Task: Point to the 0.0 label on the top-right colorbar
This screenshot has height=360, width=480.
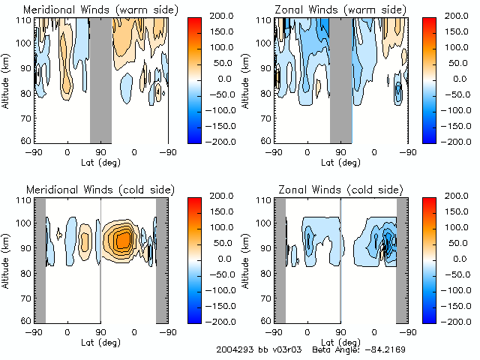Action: click(x=461, y=79)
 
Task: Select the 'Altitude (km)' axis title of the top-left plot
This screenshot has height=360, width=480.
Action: click(x=6, y=79)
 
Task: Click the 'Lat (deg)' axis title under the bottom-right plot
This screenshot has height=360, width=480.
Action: click(x=340, y=342)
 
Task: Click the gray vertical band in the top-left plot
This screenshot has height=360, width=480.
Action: click(x=100, y=79)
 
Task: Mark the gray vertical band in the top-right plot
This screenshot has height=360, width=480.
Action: click(x=340, y=79)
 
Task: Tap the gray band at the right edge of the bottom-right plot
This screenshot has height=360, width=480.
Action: click(x=402, y=259)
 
